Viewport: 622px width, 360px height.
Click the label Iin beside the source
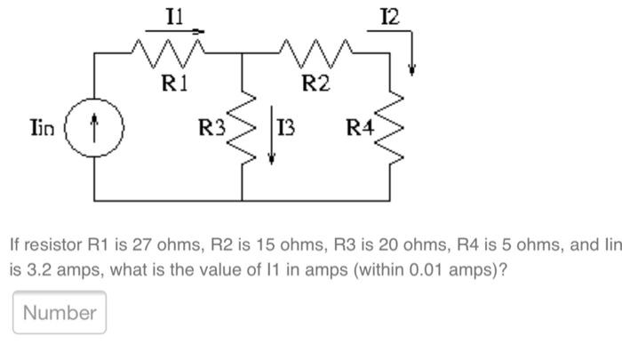pos(40,128)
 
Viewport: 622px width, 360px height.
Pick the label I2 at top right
pos(388,16)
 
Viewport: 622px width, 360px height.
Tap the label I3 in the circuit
pos(286,129)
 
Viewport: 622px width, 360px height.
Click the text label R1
pos(174,84)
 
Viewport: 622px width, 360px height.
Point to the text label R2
pos(315,84)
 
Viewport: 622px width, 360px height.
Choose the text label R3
pos(211,129)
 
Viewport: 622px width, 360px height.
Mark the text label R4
pos(360,129)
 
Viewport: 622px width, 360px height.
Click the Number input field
pos(60,312)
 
